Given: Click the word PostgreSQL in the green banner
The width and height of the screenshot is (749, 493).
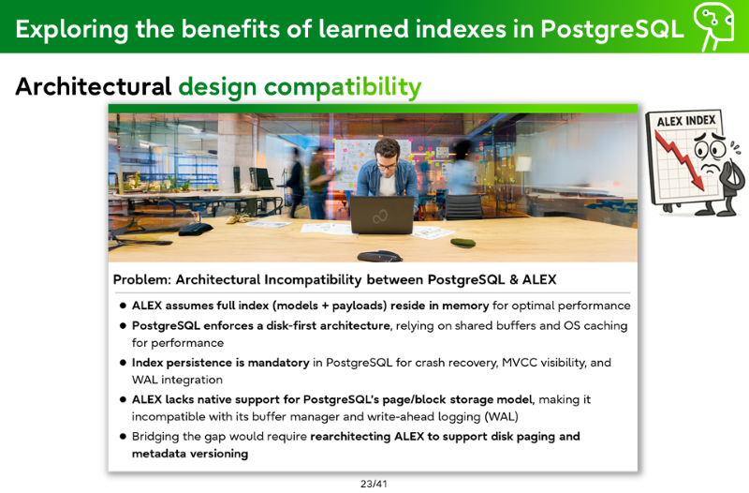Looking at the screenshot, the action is click(612, 30).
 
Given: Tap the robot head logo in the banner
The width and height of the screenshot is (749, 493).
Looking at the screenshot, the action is click(713, 25).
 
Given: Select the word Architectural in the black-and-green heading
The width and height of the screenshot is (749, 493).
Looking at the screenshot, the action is click(93, 86).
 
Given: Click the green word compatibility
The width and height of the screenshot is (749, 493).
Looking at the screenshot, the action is click(343, 88).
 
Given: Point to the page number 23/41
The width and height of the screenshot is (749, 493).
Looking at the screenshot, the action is click(374, 484).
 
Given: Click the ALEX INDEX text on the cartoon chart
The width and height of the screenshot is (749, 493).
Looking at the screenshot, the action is click(686, 121).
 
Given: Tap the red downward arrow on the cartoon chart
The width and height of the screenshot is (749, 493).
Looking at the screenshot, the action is click(680, 160).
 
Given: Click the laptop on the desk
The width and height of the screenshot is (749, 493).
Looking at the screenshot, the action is click(382, 216).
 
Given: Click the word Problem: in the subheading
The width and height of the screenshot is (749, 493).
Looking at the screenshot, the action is click(142, 279).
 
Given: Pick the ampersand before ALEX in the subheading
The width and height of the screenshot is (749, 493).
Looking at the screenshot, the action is click(513, 279).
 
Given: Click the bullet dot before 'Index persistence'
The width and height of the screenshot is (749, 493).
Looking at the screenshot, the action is click(123, 363).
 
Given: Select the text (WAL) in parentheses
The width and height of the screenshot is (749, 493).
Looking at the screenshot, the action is click(501, 416).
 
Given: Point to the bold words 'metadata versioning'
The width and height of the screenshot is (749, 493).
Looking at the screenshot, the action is click(190, 454).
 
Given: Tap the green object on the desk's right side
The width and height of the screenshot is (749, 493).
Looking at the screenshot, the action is click(463, 243).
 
